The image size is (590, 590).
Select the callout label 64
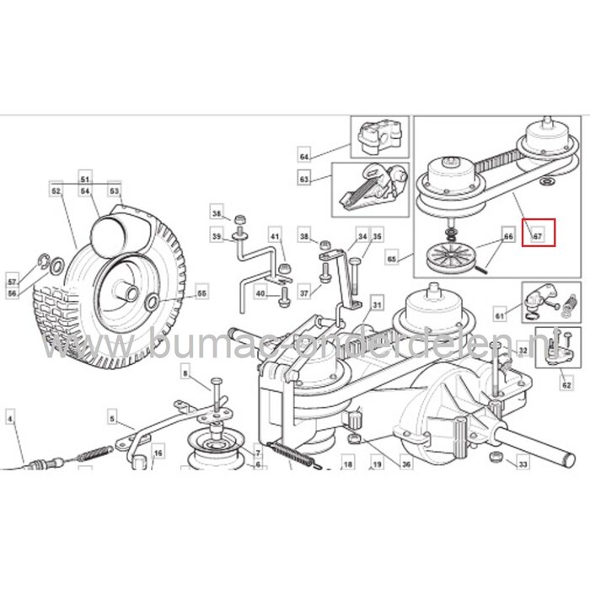coord(303,156)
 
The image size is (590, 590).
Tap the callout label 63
coord(303,180)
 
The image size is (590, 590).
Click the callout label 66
coord(507,238)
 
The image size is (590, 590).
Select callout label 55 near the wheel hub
coord(201,293)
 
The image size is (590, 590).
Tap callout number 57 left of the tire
coord(12,281)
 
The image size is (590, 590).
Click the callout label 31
coord(378,305)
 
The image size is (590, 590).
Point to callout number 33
coord(523,464)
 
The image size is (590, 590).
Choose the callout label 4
coord(11,418)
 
